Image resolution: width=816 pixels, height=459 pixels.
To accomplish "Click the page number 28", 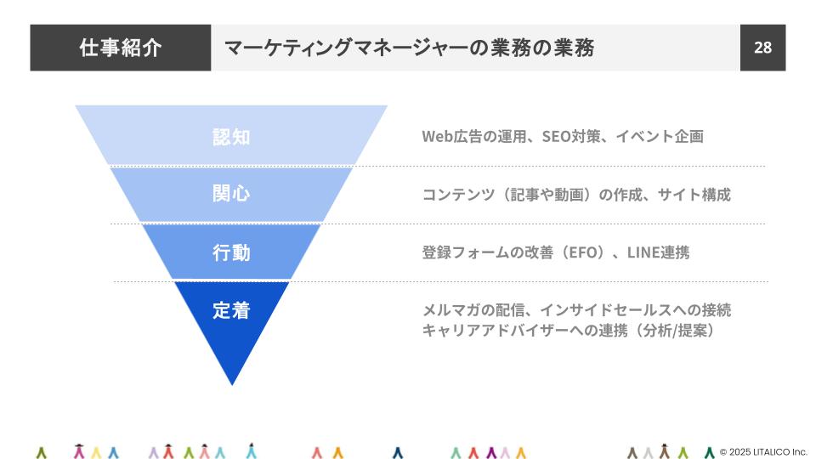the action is tap(762, 48).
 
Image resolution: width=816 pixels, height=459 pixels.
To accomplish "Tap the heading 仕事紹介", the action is tap(120, 48).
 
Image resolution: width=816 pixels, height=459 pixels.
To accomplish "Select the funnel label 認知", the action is tap(231, 137).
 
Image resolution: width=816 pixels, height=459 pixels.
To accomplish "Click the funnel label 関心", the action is tap(231, 193).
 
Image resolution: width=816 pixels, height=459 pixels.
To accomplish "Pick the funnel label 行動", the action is tap(231, 252).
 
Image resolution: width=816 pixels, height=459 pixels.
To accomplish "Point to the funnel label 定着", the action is tap(231, 311).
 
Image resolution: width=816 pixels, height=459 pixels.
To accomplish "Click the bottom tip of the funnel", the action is tap(232, 384).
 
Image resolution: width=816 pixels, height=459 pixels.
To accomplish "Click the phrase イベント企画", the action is tap(660, 136).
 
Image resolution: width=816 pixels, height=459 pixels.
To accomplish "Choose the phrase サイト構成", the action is tap(694, 195).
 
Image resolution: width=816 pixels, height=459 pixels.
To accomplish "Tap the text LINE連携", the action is tap(658, 252).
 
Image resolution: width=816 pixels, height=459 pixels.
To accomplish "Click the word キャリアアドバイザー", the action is tap(495, 330).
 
